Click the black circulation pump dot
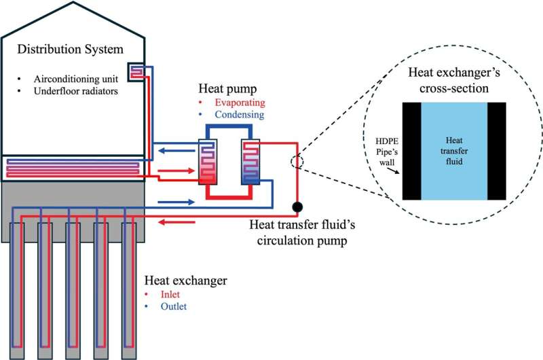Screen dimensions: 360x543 (297, 206)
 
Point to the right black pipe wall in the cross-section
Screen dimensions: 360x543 (496, 151)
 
